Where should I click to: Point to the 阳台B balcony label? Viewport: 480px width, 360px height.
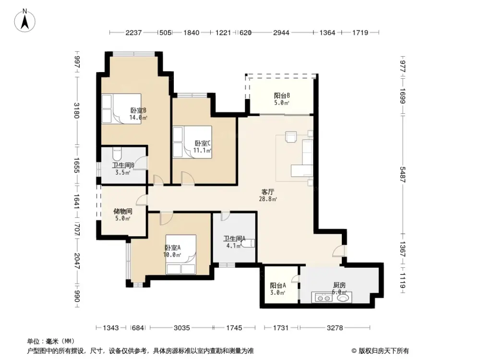pyautogui.click(x=281, y=98)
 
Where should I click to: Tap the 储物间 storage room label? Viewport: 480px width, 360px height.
pyautogui.click(x=122, y=215)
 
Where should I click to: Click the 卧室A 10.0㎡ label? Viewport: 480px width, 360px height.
pyautogui.click(x=173, y=251)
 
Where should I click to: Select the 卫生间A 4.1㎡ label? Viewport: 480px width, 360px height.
pyautogui.click(x=234, y=241)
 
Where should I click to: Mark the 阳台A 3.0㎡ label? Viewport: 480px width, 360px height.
pyautogui.click(x=278, y=288)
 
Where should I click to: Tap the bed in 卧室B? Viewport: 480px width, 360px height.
pyautogui.click(x=120, y=109)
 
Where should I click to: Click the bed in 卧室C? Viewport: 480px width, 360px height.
pyautogui.click(x=192, y=142)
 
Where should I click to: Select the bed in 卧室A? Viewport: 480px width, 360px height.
pyautogui.click(x=180, y=254)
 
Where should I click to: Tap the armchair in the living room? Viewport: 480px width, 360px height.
pyautogui.click(x=291, y=137)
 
